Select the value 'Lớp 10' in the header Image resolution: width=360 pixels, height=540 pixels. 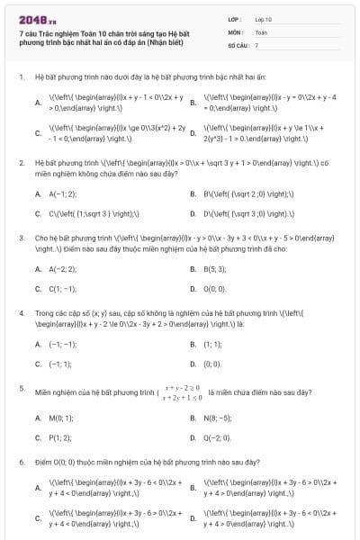(264, 18)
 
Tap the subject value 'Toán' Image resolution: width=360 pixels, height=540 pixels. (261, 31)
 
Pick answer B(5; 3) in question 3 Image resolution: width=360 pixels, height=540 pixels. (214, 268)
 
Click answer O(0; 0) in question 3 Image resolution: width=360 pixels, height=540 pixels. (214, 289)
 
